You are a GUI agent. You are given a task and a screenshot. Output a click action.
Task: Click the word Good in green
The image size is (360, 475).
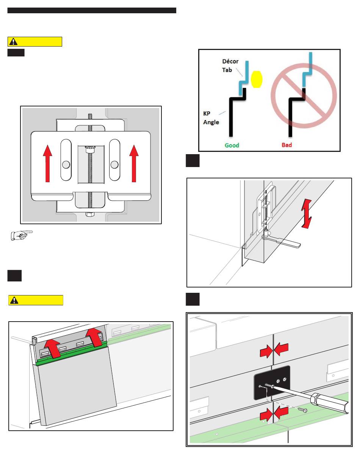pyautogui.click(x=232, y=145)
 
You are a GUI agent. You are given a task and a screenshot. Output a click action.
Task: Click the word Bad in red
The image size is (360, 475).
pyautogui.click(x=286, y=145)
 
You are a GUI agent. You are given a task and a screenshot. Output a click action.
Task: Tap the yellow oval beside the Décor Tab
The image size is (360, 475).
pyautogui.click(x=257, y=78)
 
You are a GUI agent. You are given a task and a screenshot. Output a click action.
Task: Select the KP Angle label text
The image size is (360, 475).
pyautogui.click(x=211, y=119)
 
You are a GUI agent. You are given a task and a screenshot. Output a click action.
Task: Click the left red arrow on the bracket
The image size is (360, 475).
pyautogui.click(x=47, y=164)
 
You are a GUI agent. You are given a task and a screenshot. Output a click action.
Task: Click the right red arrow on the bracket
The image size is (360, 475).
pyautogui.click(x=134, y=164)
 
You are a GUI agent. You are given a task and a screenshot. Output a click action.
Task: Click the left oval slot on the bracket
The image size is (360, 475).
pyautogui.click(x=66, y=160)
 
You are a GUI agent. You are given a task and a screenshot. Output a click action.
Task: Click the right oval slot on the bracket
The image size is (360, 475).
pyautogui.click(x=114, y=160)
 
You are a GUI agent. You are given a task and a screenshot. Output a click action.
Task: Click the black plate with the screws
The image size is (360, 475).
pyautogui.click(x=272, y=382)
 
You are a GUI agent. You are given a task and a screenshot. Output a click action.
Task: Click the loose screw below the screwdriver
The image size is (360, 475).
pyautogui.click(x=302, y=409)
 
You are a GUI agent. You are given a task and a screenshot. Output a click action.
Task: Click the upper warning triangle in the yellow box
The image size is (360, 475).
pyautogui.click(x=14, y=42)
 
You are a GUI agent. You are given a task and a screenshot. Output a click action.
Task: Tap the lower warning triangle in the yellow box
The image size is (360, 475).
pyautogui.click(x=14, y=300)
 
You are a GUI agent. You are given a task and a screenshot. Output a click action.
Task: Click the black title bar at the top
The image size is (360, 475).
pyautogui.click(x=92, y=10)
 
